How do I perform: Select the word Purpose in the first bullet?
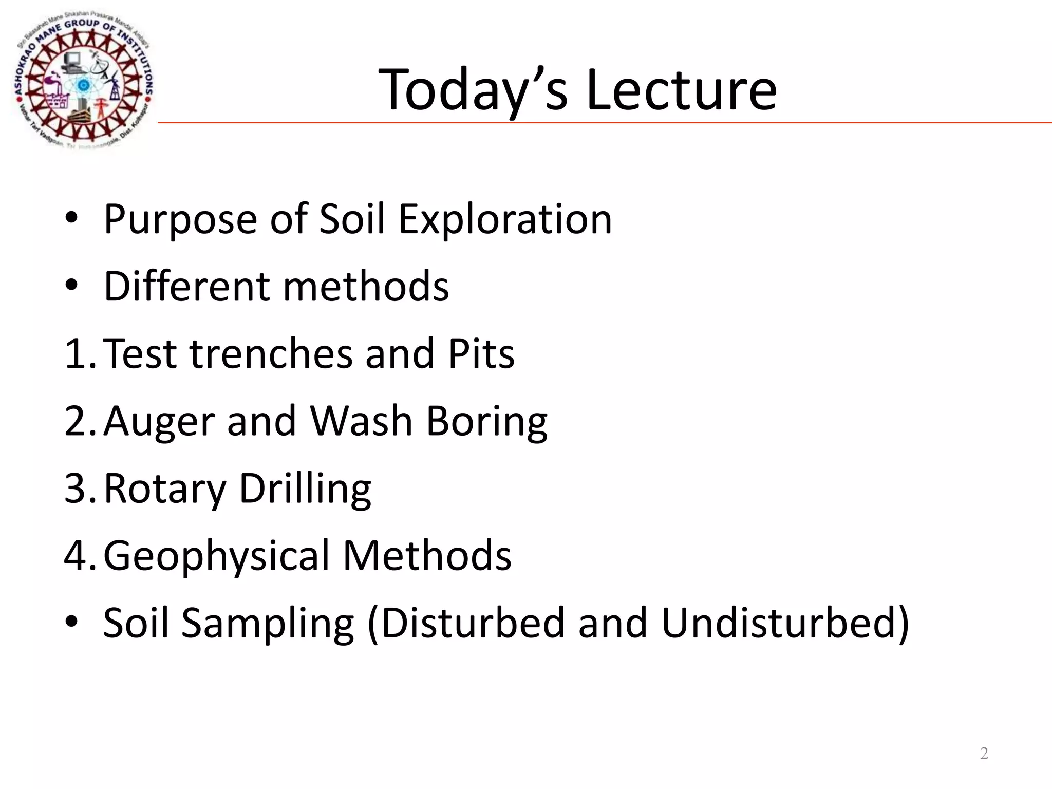[180, 220]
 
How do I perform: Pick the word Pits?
[481, 354]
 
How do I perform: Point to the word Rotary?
[165, 490]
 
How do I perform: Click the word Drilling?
[305, 490]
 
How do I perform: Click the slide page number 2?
[984, 753]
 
